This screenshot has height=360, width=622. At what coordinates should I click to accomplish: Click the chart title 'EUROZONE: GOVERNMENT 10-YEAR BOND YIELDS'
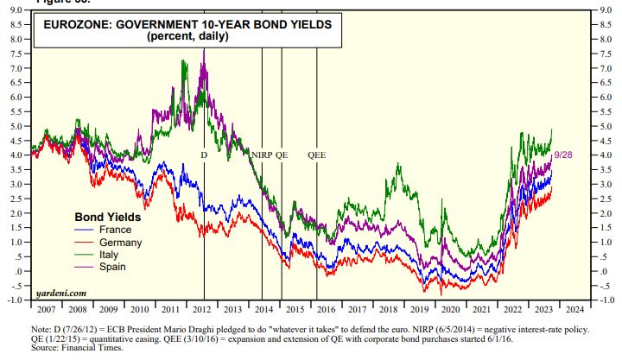click(187, 25)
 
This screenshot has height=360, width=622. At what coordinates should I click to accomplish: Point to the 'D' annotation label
click(204, 155)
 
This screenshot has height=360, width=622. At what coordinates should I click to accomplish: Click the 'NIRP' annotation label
click(262, 155)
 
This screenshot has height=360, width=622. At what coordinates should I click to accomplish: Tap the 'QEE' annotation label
click(317, 155)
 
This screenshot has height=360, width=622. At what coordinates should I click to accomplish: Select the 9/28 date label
click(562, 154)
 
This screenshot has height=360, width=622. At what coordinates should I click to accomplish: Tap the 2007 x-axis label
click(46, 308)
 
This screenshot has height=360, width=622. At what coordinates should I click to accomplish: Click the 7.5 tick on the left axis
click(16, 54)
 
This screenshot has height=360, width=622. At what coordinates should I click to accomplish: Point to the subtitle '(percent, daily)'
click(187, 37)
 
